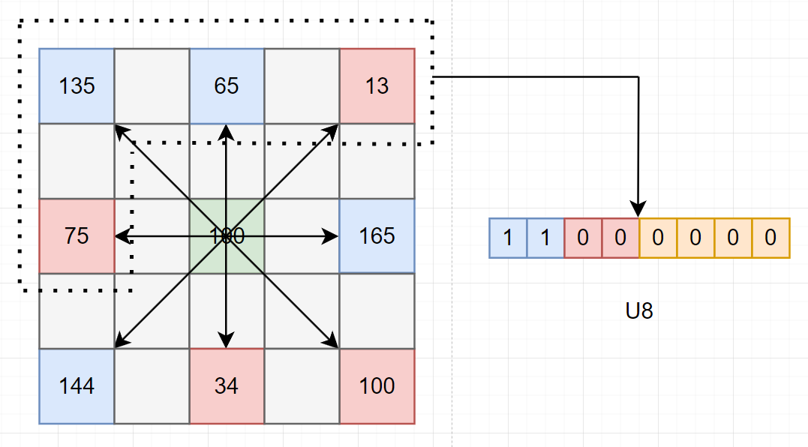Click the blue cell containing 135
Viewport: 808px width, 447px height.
(77, 86)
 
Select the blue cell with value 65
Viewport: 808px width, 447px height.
(227, 86)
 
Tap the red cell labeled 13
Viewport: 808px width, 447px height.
(377, 86)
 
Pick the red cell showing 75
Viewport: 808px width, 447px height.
(77, 236)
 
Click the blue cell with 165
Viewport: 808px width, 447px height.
(377, 236)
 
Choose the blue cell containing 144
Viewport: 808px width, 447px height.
(77, 386)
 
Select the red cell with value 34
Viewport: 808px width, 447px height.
(227, 386)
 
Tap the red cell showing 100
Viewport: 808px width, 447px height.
(377, 386)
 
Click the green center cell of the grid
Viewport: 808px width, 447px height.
(227, 236)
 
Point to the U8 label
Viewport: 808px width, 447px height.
(639, 311)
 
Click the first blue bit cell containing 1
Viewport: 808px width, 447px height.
(508, 238)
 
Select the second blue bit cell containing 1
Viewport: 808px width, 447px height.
(545, 238)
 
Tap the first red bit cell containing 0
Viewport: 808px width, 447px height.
(583, 238)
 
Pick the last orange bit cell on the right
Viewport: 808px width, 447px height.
(770, 238)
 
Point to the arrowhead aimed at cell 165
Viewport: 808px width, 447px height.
(332, 236)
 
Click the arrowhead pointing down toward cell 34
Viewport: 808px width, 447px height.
(227, 342)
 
